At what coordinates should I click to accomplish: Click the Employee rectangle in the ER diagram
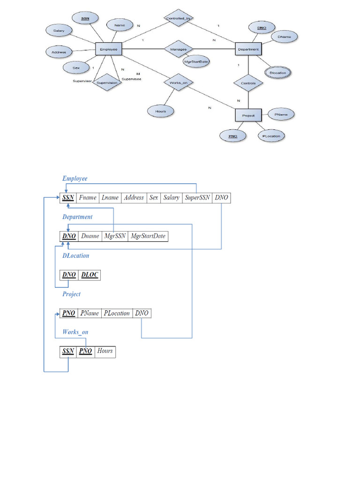pos(109,49)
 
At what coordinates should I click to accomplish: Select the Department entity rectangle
pos(248,49)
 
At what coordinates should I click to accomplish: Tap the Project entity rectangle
pos(248,115)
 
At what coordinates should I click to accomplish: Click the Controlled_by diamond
pos(180,18)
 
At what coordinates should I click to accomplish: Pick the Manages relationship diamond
pos(178,49)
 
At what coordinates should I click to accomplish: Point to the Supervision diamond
pos(106,83)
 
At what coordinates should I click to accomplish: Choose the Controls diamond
pos(248,83)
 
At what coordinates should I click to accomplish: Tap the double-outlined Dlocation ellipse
pos(277,73)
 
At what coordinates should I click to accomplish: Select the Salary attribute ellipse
pos(59,30)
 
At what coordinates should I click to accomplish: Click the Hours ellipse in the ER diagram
pos(159,111)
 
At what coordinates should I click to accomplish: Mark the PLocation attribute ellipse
pos(271,136)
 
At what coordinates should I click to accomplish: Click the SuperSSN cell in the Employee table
pos(197,198)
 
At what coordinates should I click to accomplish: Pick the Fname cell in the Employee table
pos(87,198)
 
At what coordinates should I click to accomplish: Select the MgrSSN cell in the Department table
pos(114,236)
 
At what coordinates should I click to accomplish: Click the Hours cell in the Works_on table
pos(105,351)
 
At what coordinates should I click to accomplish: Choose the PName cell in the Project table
pos(89,313)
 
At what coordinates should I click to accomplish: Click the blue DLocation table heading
pos(75,256)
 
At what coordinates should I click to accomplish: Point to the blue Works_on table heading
pos(75,332)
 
